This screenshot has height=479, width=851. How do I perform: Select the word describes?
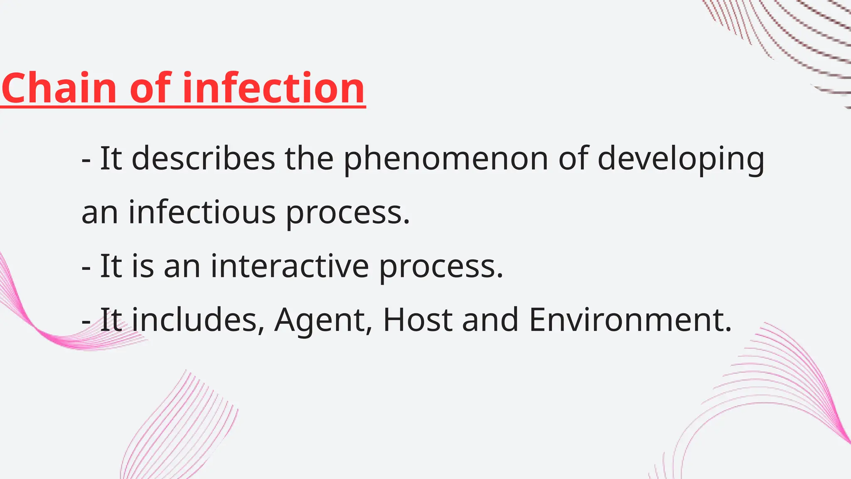203,158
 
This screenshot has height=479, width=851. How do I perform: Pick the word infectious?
202,212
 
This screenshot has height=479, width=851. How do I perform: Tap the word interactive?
290,266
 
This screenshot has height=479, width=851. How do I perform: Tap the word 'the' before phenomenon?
309,158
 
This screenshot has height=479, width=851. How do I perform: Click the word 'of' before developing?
573,158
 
